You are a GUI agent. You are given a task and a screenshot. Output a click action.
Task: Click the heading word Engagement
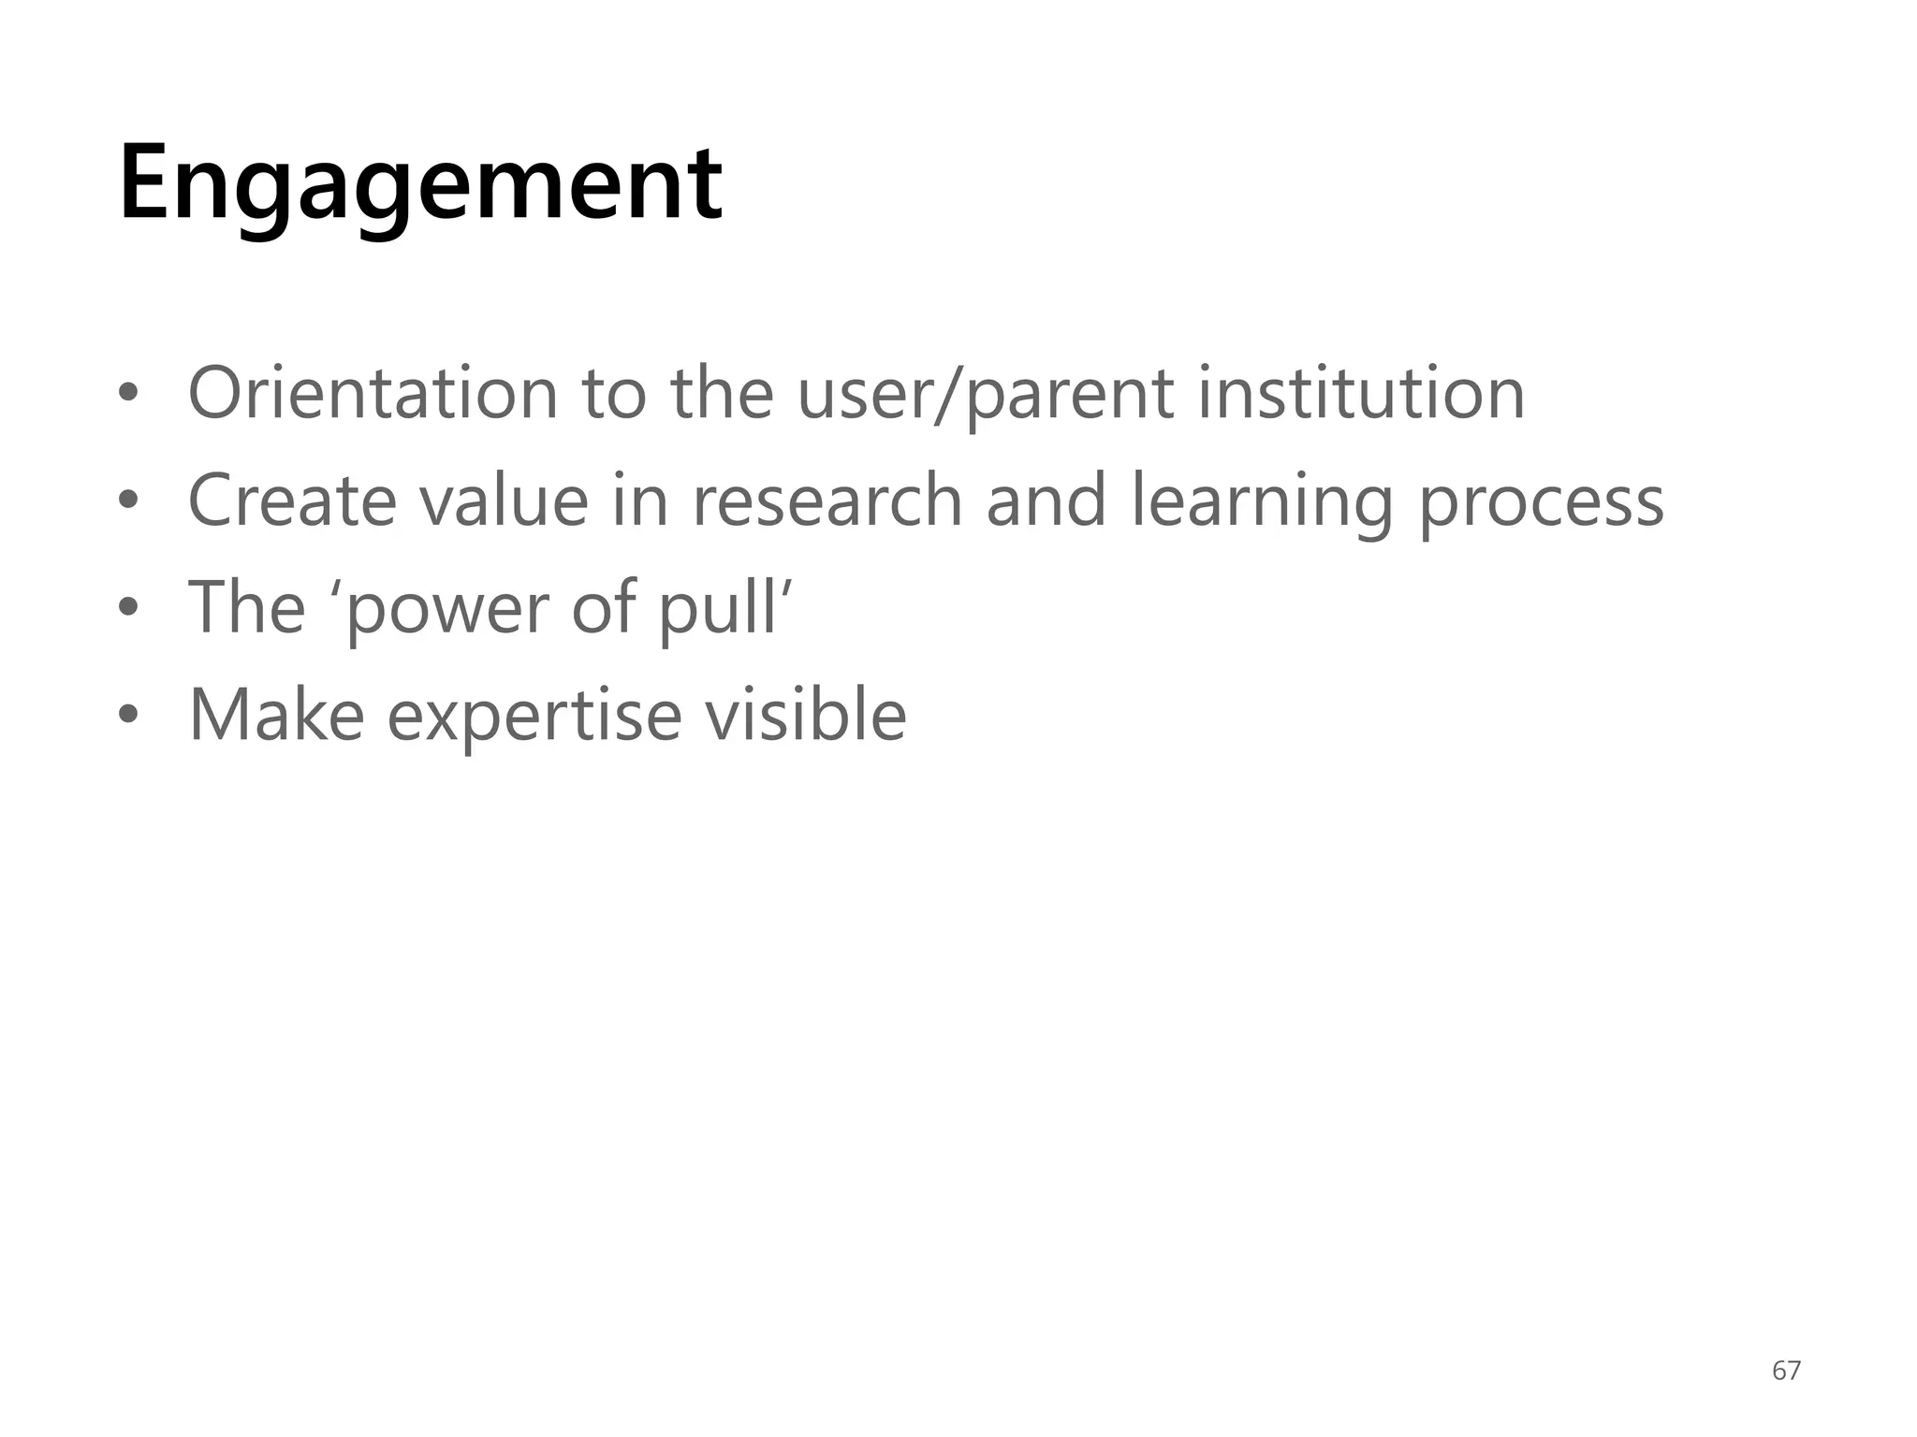[x=420, y=184]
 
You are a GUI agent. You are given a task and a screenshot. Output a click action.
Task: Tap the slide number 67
[x=1786, y=1371]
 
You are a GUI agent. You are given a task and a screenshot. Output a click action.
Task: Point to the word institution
[x=1362, y=393]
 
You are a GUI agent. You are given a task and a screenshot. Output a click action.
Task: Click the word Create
[x=292, y=501]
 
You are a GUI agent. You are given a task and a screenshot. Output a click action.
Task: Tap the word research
[x=827, y=501]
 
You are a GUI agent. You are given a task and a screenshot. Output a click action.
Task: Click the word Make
[x=277, y=715]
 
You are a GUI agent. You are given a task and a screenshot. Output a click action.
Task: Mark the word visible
[x=805, y=715]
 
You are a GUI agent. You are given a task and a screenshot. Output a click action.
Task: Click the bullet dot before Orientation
[x=128, y=395]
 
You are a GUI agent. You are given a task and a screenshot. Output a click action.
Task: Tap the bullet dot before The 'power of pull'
[x=128, y=609]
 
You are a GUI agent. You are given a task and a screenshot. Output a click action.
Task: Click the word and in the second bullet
[x=1046, y=501]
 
